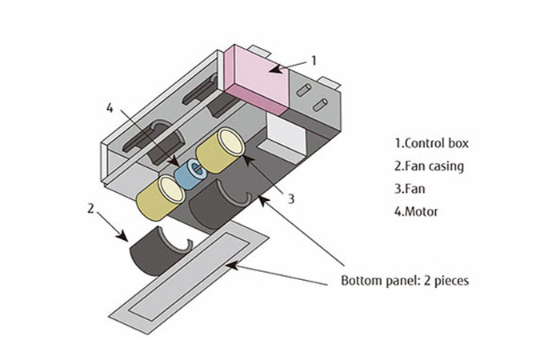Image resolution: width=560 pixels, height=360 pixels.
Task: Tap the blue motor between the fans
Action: tap(193, 171)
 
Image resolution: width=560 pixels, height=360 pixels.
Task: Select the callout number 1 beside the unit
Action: tap(314, 60)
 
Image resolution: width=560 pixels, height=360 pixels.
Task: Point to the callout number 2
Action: tap(90, 209)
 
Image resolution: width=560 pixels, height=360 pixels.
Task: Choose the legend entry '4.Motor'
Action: tap(418, 214)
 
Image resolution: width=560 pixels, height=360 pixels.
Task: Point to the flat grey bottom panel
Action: tap(192, 276)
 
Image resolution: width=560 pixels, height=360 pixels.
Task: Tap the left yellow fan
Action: tap(161, 195)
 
